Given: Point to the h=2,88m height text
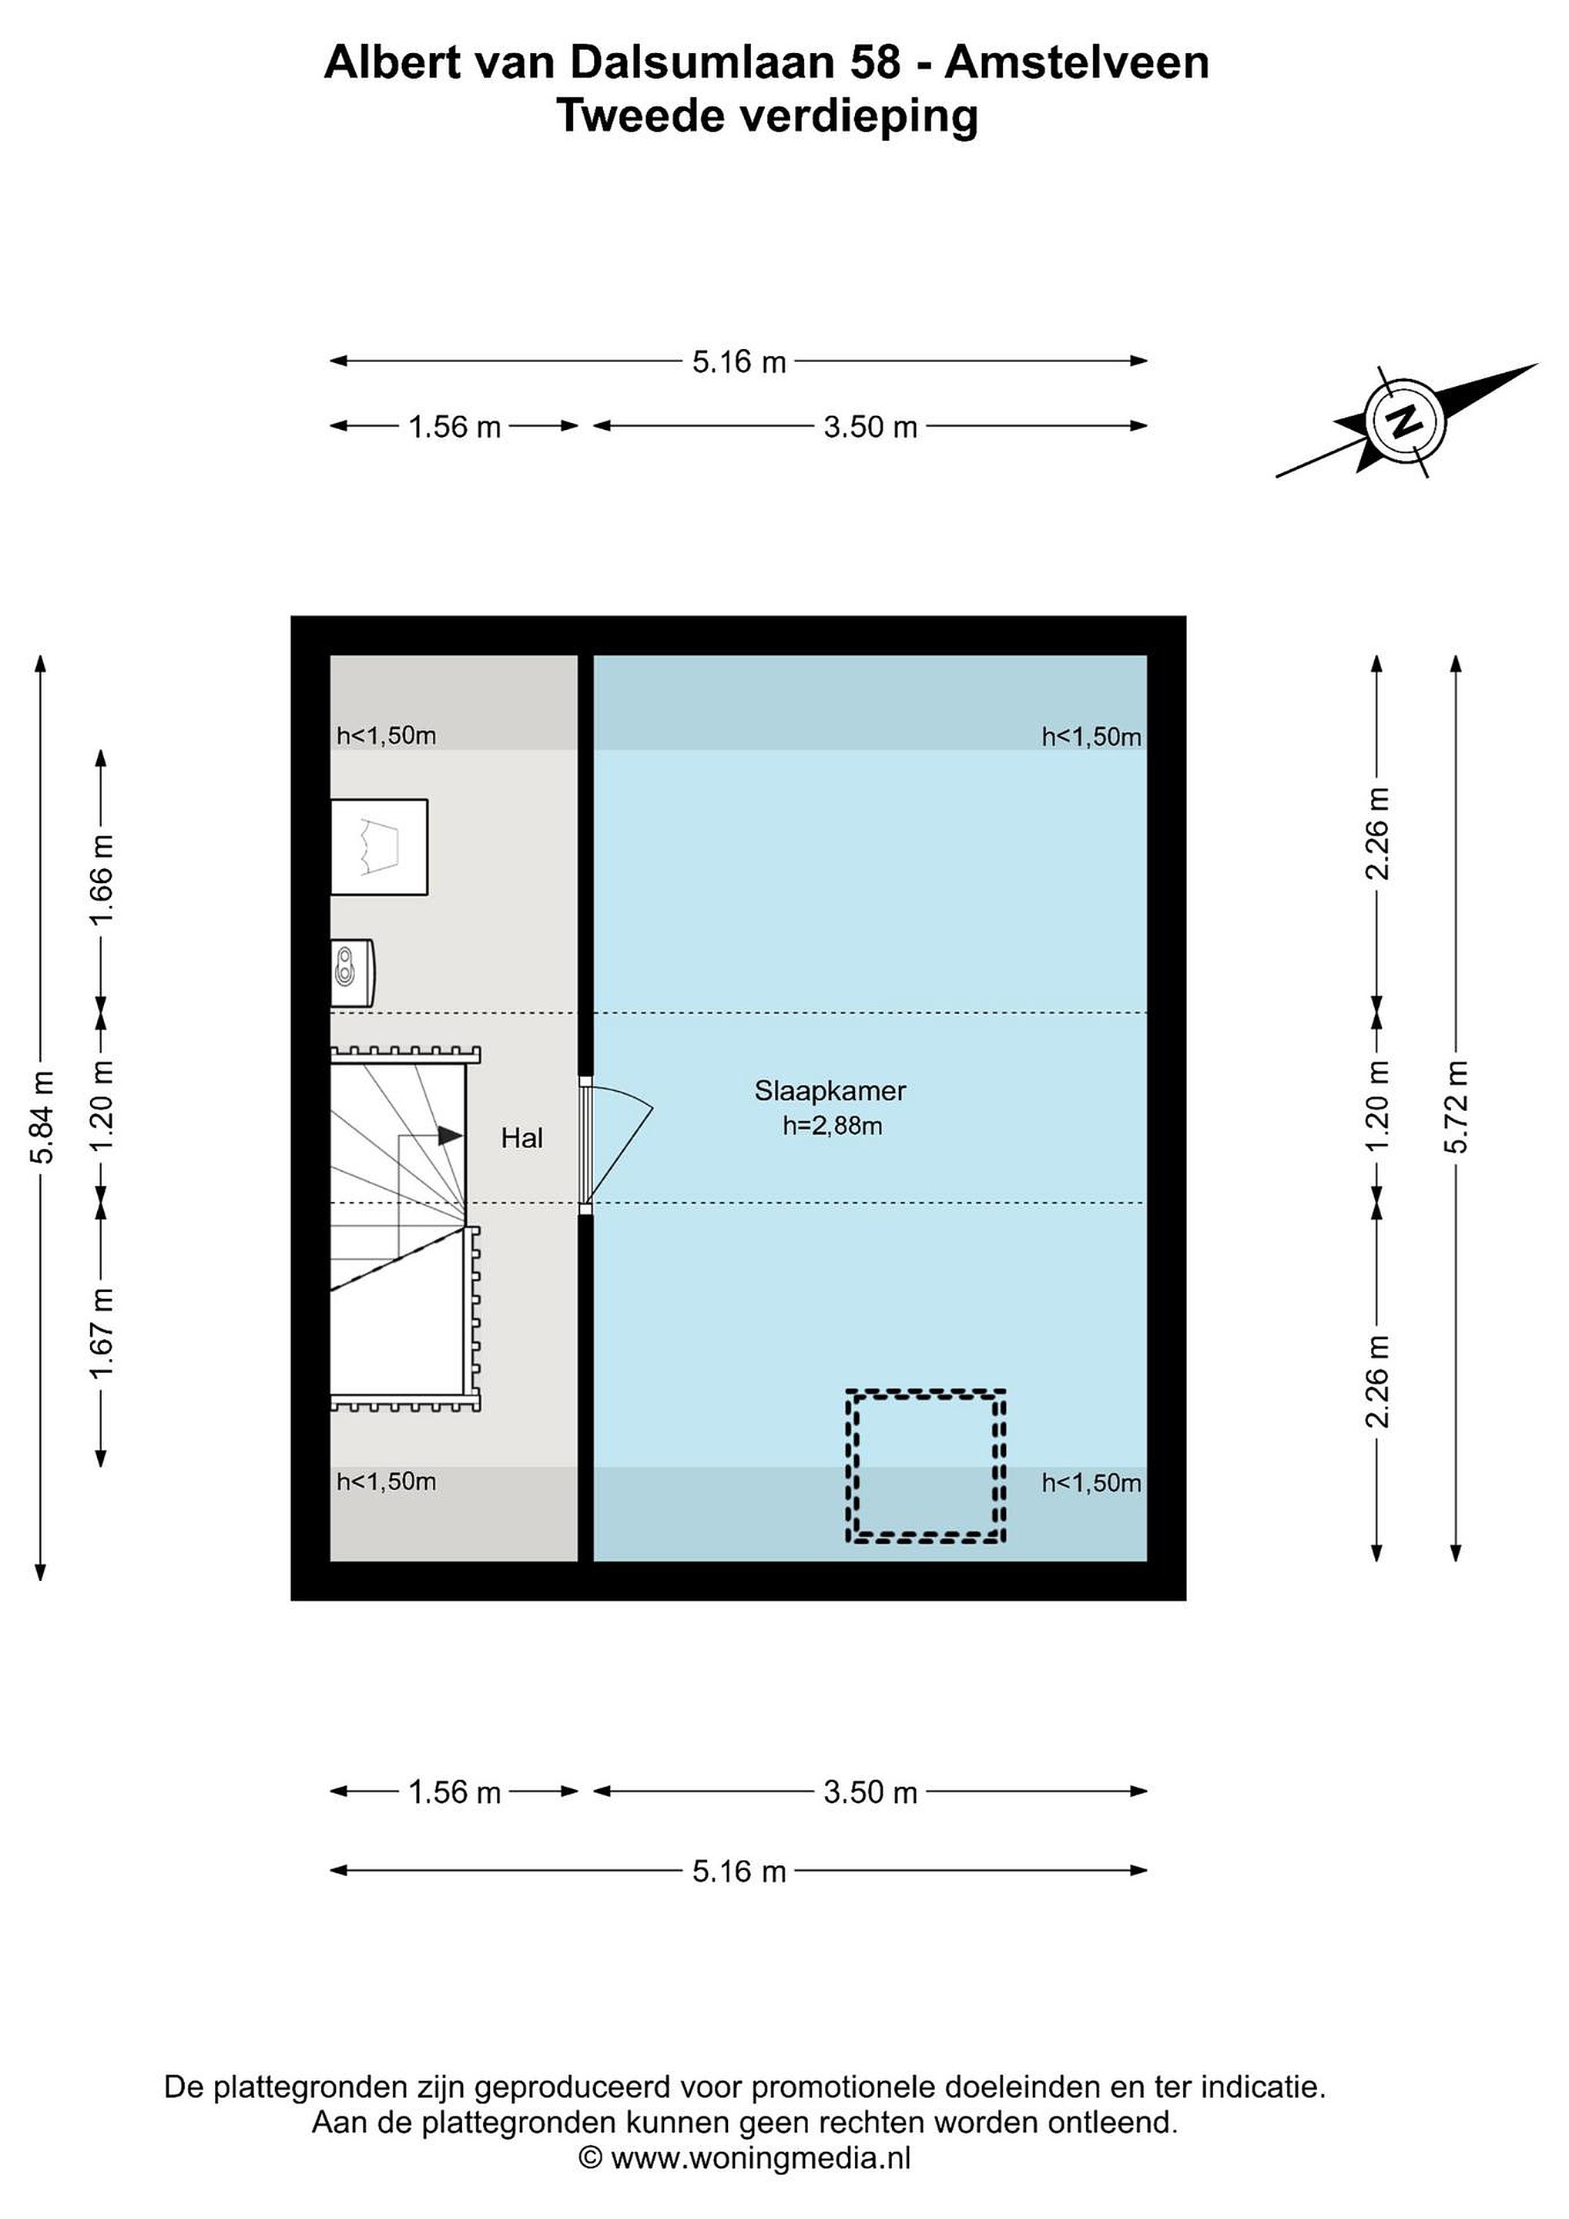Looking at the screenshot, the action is [833, 1126].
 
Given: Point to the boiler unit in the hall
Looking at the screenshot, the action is [352, 972].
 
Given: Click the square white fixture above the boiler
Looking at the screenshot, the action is [380, 847].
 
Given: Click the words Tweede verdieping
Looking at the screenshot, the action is [767, 118].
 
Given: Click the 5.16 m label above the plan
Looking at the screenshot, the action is [739, 362].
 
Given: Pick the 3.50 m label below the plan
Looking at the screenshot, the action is [870, 1792].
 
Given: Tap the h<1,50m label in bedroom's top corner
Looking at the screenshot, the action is [1091, 737].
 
